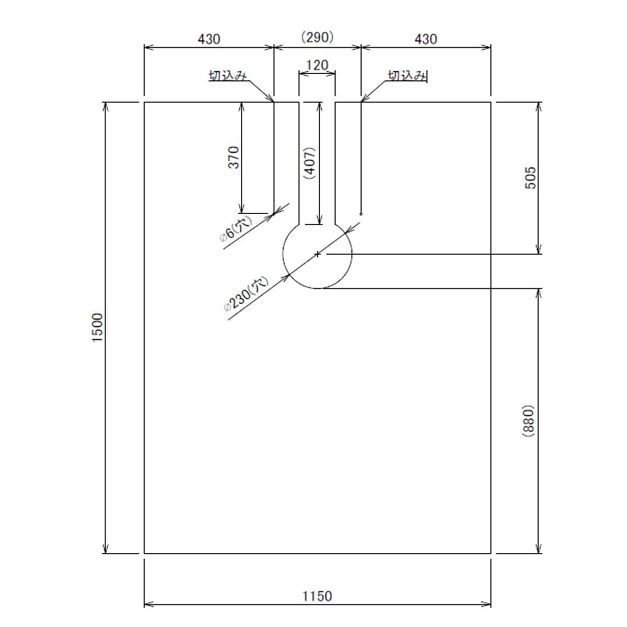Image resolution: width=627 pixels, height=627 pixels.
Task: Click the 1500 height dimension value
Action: pos(98,327)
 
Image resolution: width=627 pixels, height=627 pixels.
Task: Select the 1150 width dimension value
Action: pos(317,596)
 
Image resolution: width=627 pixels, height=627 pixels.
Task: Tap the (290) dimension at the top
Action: pos(317,38)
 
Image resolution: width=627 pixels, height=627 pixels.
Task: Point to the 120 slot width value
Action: pos(317,66)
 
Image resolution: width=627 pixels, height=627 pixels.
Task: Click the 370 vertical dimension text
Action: pos(234,158)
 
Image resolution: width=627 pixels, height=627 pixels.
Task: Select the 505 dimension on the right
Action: pos(530,178)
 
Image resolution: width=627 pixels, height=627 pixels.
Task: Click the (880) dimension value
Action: pos(528,421)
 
